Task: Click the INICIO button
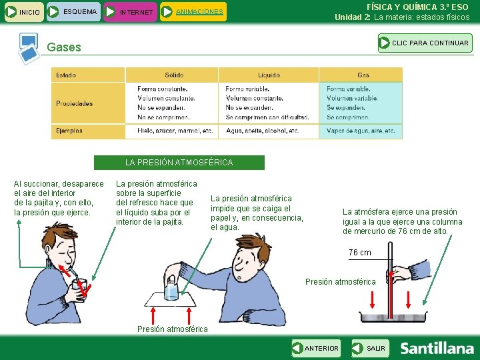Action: click(x=24, y=12)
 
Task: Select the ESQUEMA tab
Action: click(x=73, y=11)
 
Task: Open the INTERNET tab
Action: click(x=130, y=12)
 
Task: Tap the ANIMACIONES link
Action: click(x=199, y=11)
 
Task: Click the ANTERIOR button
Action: click(x=316, y=348)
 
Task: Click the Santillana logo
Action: click(x=437, y=349)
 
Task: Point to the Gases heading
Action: click(x=64, y=47)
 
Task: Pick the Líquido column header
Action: click(x=269, y=75)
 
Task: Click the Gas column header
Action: click(x=361, y=75)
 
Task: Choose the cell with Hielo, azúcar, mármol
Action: click(x=172, y=131)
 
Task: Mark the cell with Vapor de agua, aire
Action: click(x=361, y=131)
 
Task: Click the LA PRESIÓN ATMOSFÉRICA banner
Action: click(x=179, y=163)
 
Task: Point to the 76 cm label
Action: click(x=360, y=253)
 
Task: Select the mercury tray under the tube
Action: click(x=393, y=317)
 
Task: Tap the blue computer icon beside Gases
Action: click(x=29, y=49)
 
